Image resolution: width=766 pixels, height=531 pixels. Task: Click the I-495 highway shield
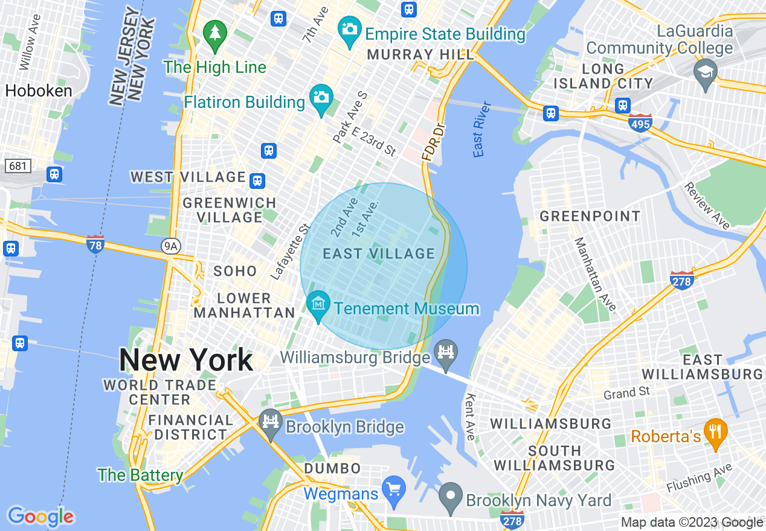tap(640, 123)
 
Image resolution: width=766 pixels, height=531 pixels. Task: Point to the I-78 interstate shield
tap(95, 244)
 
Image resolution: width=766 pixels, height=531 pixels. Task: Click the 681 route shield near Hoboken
tap(18, 165)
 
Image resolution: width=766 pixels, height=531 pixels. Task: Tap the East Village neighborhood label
tap(379, 254)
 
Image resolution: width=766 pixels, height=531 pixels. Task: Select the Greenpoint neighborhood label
tap(590, 216)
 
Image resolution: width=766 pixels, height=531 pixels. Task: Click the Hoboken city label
tap(39, 91)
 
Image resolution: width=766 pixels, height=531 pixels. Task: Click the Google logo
tap(40, 516)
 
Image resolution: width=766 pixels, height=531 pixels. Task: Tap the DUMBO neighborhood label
tap(332, 468)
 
